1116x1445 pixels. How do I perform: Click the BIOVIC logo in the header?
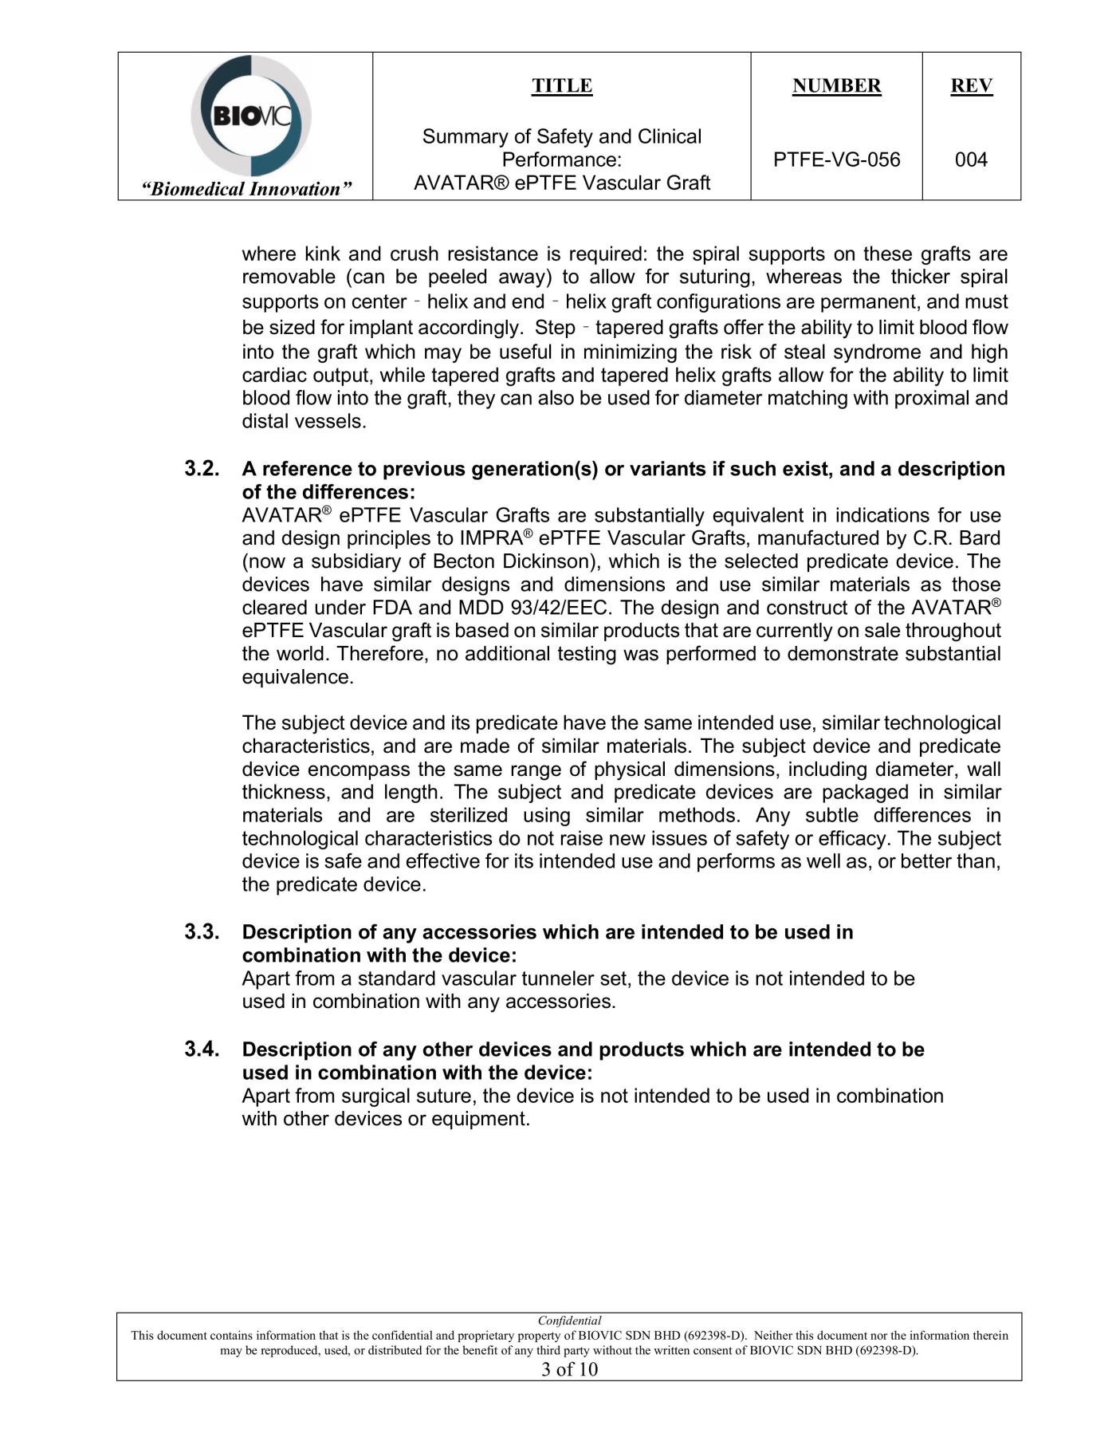coord(250,116)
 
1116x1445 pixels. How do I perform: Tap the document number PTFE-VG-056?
coord(836,159)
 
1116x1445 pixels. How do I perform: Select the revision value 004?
coord(971,159)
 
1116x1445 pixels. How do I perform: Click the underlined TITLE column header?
coord(562,85)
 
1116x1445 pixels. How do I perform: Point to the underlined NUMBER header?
coord(836,85)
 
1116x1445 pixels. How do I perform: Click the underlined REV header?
coord(971,85)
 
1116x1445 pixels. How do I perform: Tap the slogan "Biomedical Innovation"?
coord(246,189)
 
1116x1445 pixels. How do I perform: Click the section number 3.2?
coord(202,468)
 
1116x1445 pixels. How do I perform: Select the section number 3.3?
coord(202,931)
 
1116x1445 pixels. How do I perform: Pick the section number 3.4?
coord(202,1049)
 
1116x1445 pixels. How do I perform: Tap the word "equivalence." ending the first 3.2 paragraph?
coord(297,677)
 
